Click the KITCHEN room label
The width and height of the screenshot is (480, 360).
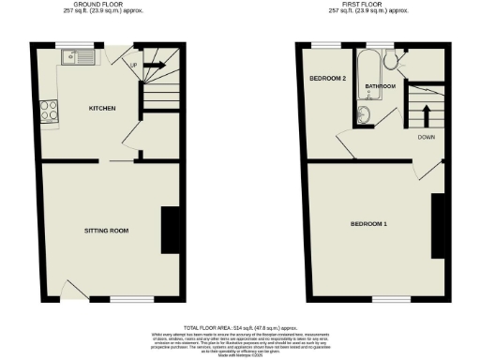pos(102,109)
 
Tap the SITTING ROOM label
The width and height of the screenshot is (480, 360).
pos(106,230)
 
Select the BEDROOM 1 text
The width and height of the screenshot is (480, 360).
pos(368,224)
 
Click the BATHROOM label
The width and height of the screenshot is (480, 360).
pos(381,86)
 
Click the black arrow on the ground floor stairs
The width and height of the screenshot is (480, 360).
pos(155,65)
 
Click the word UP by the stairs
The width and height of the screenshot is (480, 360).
pos(132,65)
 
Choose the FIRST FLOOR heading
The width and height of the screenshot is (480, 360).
pos(368,6)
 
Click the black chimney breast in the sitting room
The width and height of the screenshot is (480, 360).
pos(171,230)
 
